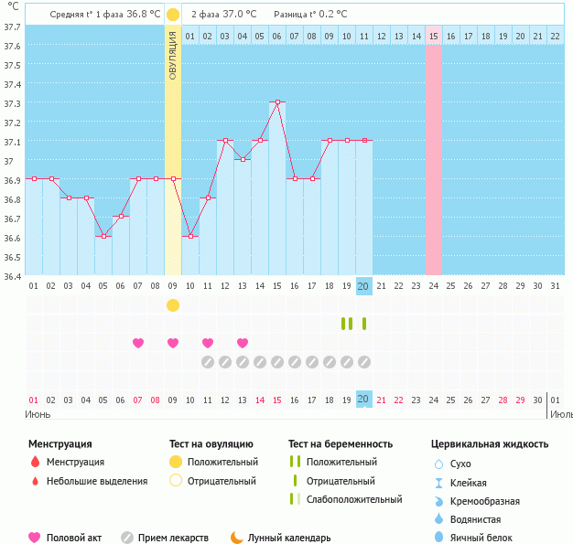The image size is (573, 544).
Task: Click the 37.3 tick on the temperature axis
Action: click(11, 103)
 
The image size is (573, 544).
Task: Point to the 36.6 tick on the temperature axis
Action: click(11, 238)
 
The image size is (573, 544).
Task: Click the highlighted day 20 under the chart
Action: click(363, 285)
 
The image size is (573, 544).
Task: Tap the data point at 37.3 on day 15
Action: click(276, 102)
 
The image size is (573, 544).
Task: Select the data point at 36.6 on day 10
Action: click(190, 236)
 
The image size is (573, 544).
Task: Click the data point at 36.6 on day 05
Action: click(103, 236)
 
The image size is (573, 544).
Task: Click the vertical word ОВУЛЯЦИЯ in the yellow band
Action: click(173, 55)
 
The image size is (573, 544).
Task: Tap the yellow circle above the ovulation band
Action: click(173, 15)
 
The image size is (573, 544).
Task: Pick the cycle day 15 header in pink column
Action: click(434, 36)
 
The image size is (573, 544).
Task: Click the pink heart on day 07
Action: click(138, 343)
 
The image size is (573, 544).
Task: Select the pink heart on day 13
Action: click(243, 343)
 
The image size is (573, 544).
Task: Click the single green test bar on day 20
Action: click(364, 323)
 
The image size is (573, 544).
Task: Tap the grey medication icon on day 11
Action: click(208, 362)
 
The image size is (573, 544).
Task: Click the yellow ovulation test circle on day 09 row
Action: click(173, 304)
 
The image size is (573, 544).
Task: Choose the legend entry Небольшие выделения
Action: click(96, 481)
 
